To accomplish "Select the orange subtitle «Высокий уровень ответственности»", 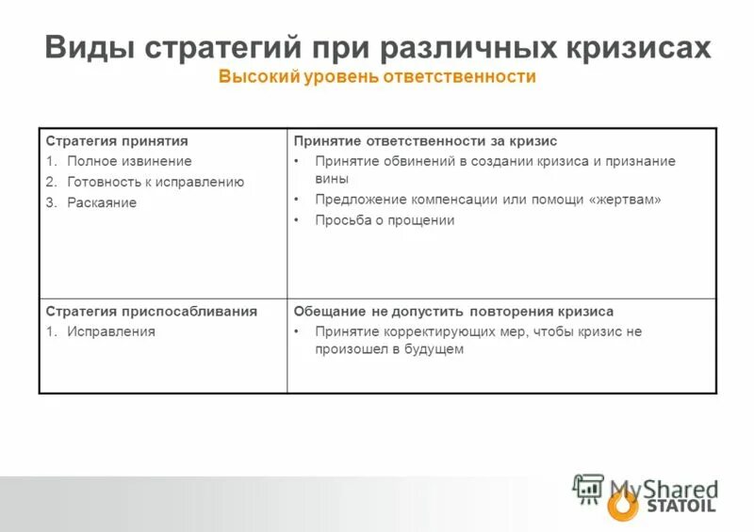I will pyautogui.click(x=377, y=76).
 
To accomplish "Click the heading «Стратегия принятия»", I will pyautogui.click(x=110, y=141).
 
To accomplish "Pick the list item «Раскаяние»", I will pyautogui.click(x=102, y=202).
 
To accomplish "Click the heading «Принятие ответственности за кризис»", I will pyautogui.click(x=425, y=141).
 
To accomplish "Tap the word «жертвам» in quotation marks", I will pyautogui.click(x=623, y=200).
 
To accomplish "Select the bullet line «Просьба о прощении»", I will pyautogui.click(x=385, y=220).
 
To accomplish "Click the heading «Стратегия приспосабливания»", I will pyautogui.click(x=152, y=311).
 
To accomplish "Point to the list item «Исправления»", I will pyautogui.click(x=111, y=331).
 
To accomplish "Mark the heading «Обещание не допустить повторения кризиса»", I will pyautogui.click(x=453, y=311).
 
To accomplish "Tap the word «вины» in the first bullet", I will pyautogui.click(x=332, y=178).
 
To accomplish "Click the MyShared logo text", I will pyautogui.click(x=663, y=489).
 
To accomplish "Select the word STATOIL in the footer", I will pyautogui.click(x=681, y=507).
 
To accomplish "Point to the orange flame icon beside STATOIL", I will pyautogui.click(x=622, y=505).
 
